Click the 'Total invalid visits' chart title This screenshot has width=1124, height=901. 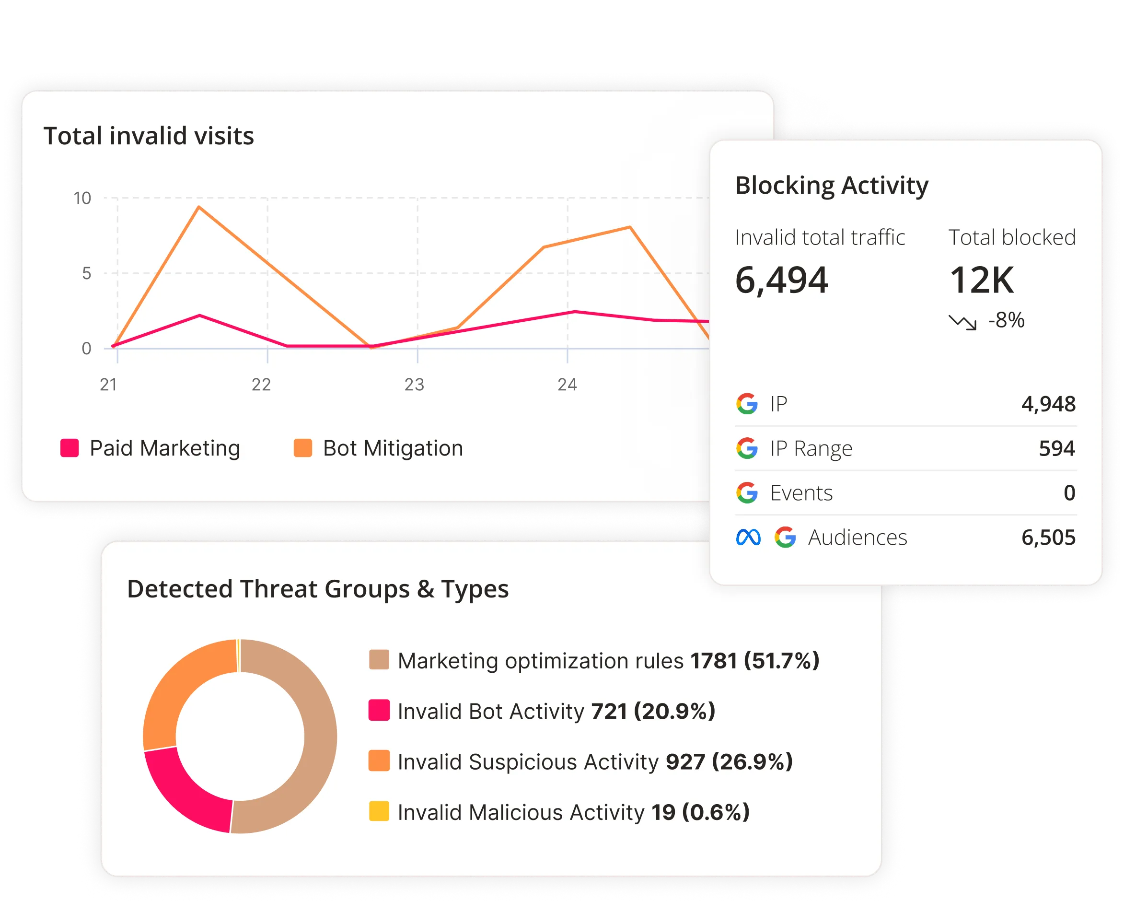(149, 136)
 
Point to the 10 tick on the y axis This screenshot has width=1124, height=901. (82, 198)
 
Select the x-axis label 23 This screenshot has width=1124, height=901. (415, 385)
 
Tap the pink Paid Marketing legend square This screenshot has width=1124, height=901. (70, 448)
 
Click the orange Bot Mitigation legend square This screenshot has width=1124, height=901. (303, 448)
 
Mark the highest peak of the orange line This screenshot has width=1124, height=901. (199, 207)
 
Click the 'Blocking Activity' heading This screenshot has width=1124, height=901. (832, 186)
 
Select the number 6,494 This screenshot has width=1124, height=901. (781, 280)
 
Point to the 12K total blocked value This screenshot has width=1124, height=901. (982, 281)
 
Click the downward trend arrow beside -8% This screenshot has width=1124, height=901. (962, 322)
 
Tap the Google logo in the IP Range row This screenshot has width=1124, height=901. (747, 448)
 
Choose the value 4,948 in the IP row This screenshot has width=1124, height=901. (1048, 404)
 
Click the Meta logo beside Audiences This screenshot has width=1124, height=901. (748, 537)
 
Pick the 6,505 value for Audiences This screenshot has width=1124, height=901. (1048, 538)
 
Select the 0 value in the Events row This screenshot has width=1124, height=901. (1069, 493)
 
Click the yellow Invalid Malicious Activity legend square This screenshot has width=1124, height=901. (379, 811)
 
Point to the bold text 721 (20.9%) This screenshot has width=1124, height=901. (653, 711)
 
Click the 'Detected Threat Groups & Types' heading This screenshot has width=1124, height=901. (317, 589)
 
